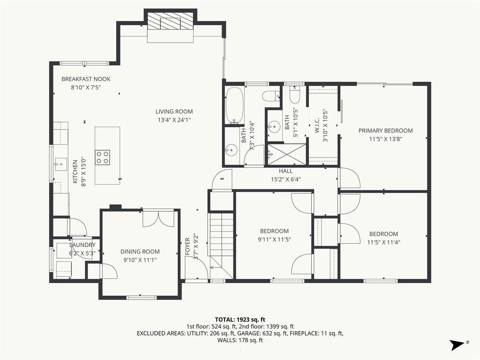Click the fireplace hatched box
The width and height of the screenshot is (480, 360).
pyautogui.click(x=170, y=22)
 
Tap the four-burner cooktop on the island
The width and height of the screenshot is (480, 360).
pyautogui.click(x=102, y=157)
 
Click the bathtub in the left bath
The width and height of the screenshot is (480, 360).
pyautogui.click(x=235, y=105)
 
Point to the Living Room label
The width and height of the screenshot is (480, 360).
pyautogui.click(x=174, y=112)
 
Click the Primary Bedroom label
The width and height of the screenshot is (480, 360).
pyautogui.click(x=385, y=131)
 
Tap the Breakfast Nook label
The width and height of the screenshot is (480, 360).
pyautogui.click(x=86, y=79)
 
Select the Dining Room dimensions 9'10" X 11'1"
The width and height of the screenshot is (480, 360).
pyautogui.click(x=140, y=260)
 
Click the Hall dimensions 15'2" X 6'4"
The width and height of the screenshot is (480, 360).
pyautogui.click(x=285, y=180)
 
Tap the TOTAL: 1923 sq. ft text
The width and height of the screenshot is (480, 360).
pyautogui.click(x=240, y=320)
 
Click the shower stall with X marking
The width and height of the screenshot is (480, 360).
pyautogui.click(x=286, y=155)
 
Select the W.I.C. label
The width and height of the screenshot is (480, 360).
pyautogui.click(x=317, y=126)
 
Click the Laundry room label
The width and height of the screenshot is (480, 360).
pyautogui.click(x=82, y=245)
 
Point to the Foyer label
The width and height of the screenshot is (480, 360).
pyautogui.click(x=187, y=247)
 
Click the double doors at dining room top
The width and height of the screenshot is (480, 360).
pyautogui.click(x=158, y=218)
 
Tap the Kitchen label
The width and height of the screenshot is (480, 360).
pyautogui.click(x=75, y=172)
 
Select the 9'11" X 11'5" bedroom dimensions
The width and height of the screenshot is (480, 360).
pyautogui.click(x=274, y=240)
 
